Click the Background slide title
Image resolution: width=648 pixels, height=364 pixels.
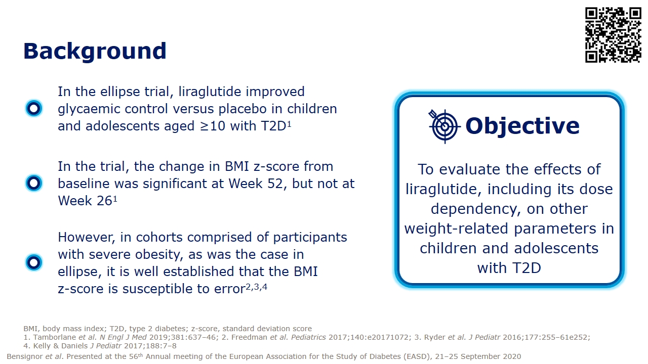tap(95, 52)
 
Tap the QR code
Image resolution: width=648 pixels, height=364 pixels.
tap(613, 34)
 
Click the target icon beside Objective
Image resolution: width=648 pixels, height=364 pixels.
tap(444, 126)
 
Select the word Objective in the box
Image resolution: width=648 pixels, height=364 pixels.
tap(522, 126)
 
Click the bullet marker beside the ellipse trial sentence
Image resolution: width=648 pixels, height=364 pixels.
tap(33, 108)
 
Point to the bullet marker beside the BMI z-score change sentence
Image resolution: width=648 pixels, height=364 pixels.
tap(33, 183)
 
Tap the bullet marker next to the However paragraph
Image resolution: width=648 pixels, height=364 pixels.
tap(33, 262)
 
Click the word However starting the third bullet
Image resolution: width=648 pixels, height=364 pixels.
tap(87, 237)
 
